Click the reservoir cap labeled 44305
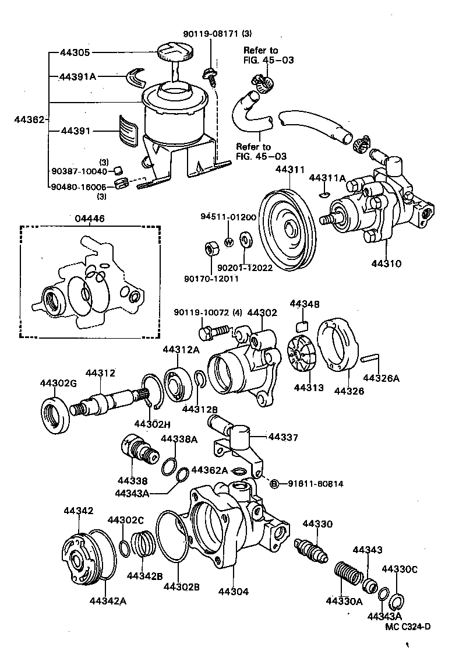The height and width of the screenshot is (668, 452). (172, 51)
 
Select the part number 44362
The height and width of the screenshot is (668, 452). (29, 119)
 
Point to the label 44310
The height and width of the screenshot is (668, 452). (386, 263)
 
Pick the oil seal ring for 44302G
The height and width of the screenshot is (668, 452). (57, 414)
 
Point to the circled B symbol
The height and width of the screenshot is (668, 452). (275, 483)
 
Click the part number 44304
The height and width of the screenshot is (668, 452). (234, 591)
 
